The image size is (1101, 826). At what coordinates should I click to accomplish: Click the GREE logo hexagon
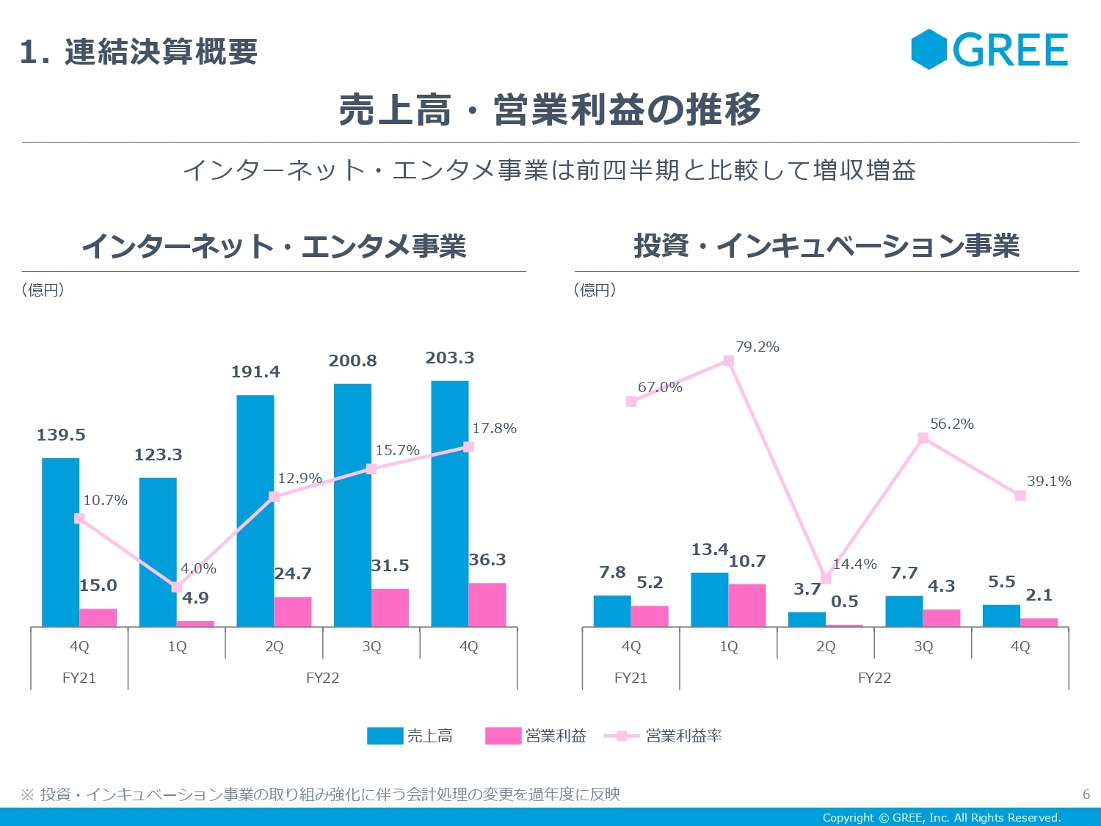(x=929, y=49)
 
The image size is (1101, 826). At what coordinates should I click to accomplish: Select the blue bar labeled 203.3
(x=449, y=504)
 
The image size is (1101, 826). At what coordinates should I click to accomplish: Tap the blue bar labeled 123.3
(x=158, y=552)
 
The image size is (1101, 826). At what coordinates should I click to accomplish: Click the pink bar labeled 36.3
(x=487, y=605)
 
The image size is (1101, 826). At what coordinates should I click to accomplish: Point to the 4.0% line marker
(x=176, y=587)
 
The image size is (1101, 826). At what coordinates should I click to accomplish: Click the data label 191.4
(x=255, y=372)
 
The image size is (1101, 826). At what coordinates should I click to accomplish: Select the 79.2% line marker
(x=728, y=361)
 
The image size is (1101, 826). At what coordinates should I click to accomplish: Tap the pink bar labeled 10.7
(x=747, y=606)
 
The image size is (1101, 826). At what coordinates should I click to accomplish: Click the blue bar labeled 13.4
(x=709, y=600)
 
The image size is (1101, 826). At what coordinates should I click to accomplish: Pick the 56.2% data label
(x=952, y=424)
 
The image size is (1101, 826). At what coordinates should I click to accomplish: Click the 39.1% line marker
(x=1020, y=496)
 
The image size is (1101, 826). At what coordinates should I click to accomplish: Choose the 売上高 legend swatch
(x=385, y=736)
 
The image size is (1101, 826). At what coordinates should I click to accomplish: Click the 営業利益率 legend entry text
(x=684, y=736)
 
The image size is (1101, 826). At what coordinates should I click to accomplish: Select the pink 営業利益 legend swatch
(x=503, y=736)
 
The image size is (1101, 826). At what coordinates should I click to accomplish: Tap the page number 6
(x=1086, y=794)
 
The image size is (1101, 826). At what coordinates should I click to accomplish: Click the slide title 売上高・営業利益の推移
(x=550, y=110)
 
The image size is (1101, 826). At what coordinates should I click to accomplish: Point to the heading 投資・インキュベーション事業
(x=826, y=246)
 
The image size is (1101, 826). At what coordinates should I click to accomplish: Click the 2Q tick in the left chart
(x=274, y=647)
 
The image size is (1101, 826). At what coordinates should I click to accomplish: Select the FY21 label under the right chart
(x=631, y=678)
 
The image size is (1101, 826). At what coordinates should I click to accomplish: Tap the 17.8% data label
(x=494, y=429)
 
